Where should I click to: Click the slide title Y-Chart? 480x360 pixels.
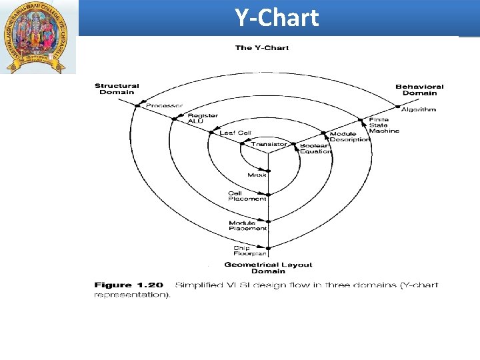[277, 18]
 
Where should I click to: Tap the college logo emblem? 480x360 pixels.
[38, 37]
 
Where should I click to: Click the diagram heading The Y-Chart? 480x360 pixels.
[262, 48]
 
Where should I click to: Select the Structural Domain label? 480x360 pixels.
[117, 89]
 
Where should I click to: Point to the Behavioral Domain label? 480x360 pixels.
[419, 89]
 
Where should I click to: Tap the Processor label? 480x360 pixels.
[164, 105]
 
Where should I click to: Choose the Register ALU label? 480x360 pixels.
[203, 118]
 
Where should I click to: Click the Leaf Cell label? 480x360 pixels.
[235, 133]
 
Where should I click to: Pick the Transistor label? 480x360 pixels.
[269, 144]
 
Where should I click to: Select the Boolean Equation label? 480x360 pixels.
[315, 149]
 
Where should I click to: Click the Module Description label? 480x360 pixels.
[349, 137]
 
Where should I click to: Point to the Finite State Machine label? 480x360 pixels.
[384, 125]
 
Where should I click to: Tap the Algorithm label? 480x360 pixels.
[419, 109]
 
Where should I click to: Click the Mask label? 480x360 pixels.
[257, 175]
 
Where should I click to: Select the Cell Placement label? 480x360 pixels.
[247, 196]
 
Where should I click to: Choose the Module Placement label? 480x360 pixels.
[248, 226]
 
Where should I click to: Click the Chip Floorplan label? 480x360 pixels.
[250, 251]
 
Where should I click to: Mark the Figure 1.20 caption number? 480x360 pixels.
[129, 285]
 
